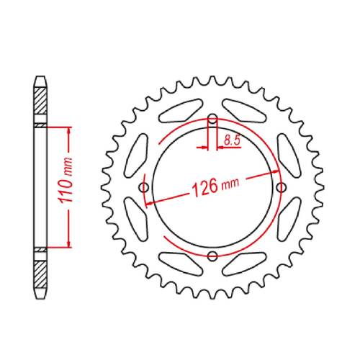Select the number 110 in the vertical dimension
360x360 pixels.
[63, 191]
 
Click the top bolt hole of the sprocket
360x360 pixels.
[212, 120]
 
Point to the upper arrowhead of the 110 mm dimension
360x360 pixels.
[69, 130]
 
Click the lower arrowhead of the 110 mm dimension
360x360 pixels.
[69, 245]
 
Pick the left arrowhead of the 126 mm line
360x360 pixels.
[149, 203]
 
